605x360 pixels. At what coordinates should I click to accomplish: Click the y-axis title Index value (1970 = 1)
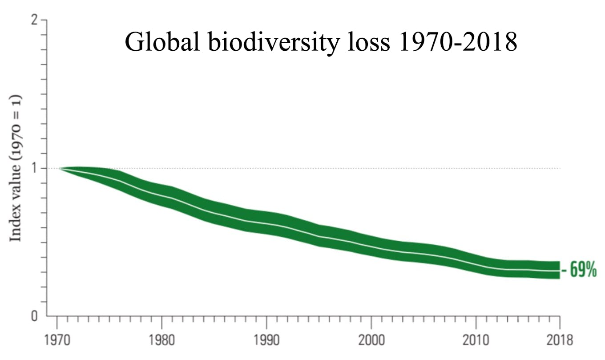16,168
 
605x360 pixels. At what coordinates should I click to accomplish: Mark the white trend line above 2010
476,263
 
